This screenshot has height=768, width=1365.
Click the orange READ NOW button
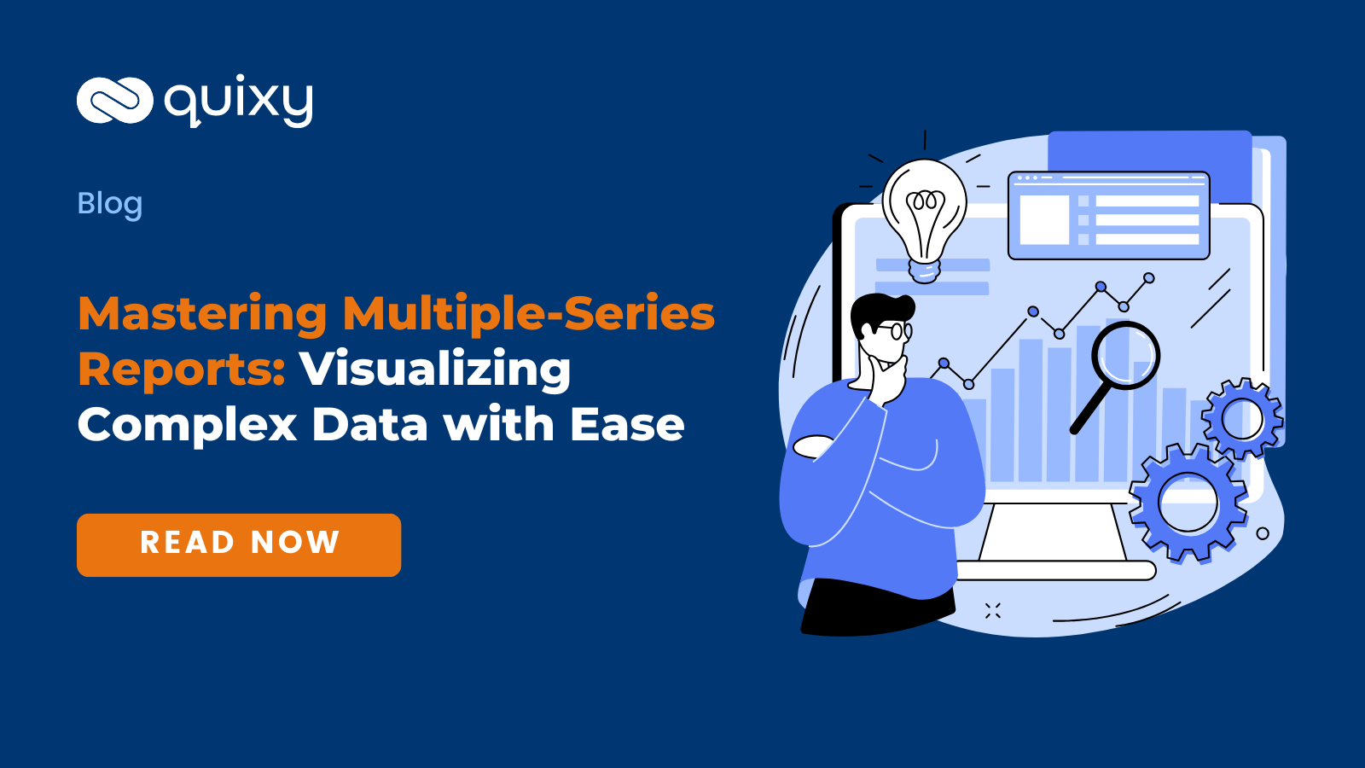(x=239, y=544)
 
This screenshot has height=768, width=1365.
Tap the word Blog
(x=110, y=204)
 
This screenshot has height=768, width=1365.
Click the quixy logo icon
(x=114, y=101)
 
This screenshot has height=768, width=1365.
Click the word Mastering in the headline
(x=202, y=313)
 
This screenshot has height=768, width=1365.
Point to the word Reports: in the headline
(x=181, y=369)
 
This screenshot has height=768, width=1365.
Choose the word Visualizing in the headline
(x=434, y=369)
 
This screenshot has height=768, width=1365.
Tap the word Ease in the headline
(x=627, y=424)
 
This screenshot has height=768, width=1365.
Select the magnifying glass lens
(x=1126, y=354)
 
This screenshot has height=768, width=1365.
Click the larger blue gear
(x=1188, y=503)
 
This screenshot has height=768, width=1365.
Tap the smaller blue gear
(x=1242, y=418)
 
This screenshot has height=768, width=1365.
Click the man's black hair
(x=879, y=309)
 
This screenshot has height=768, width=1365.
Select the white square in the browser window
(x=1044, y=219)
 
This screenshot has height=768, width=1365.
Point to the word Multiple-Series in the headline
(x=528, y=313)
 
